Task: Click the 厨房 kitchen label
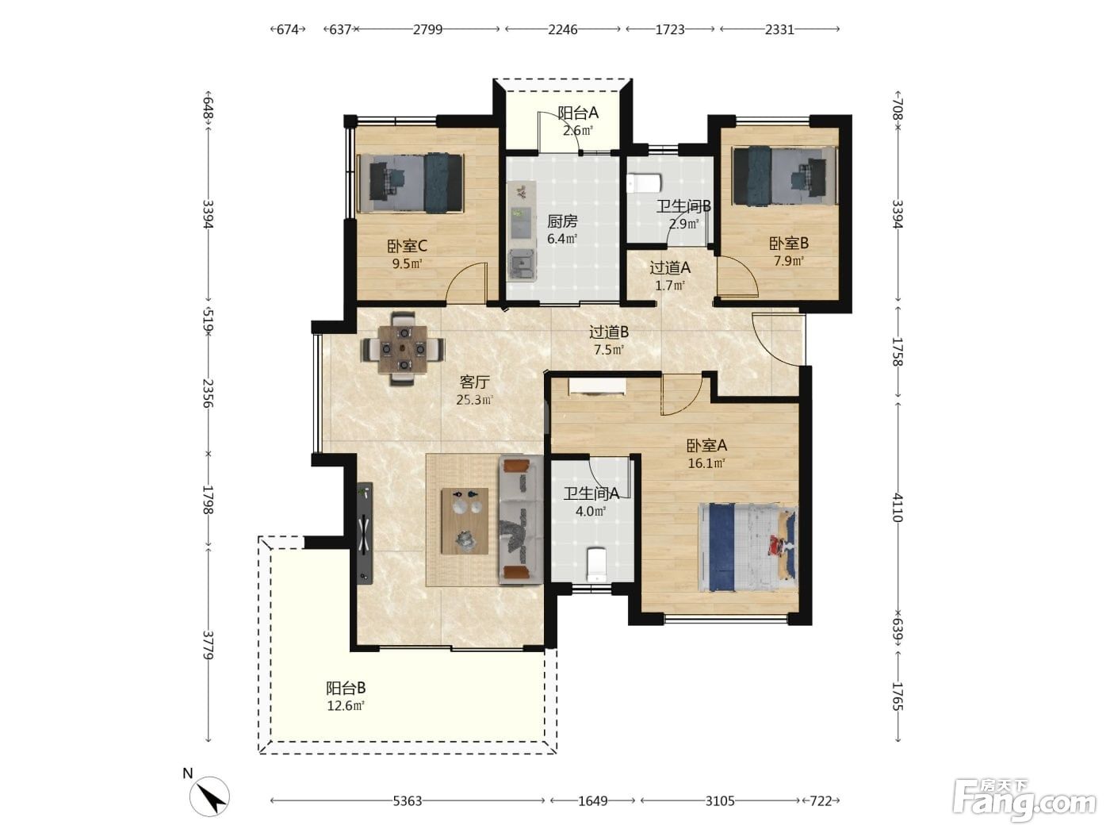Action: pos(562,221)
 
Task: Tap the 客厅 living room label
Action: pos(474,382)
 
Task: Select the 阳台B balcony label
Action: pos(346,689)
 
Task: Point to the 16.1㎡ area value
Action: pos(706,463)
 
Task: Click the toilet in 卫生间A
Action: pos(597,564)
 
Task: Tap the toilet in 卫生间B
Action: pos(644,183)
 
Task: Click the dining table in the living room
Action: pos(403,349)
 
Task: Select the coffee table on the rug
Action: pos(465,521)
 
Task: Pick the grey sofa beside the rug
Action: pos(521,520)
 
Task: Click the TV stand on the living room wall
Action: pos(365,534)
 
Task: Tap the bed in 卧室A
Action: pos(748,547)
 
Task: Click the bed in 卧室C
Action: pos(410,183)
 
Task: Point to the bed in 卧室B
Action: pos(784,176)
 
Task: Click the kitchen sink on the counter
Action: pos(522,264)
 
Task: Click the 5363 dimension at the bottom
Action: pos(407,800)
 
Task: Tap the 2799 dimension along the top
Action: pos(427,29)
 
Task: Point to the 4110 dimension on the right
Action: pos(897,508)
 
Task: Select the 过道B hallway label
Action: pos(609,332)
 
